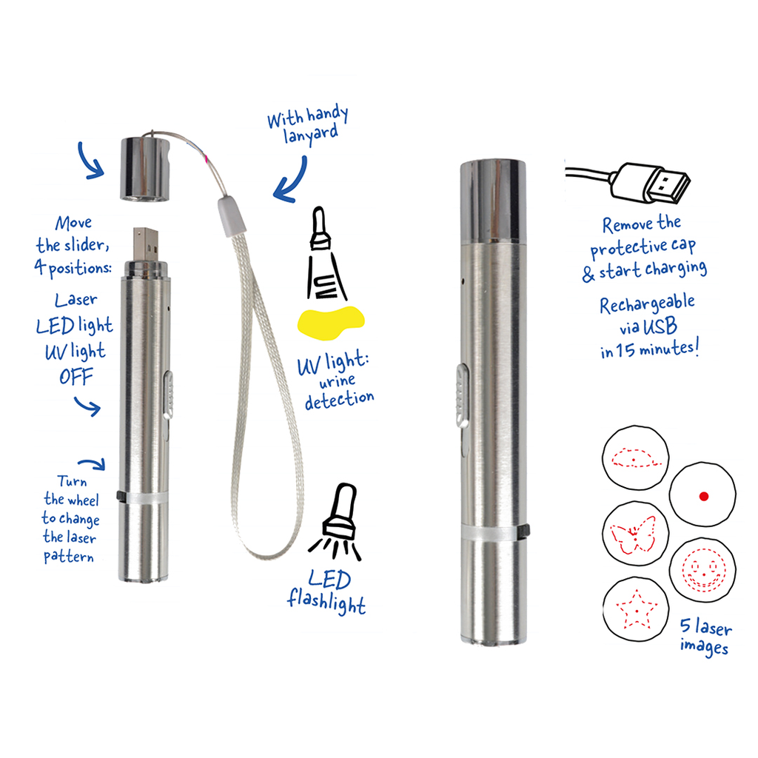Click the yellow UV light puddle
[331, 322]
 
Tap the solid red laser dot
[704, 496]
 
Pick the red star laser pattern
[637, 609]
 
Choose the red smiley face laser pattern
[703, 570]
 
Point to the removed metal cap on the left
[144, 170]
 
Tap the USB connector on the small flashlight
[146, 245]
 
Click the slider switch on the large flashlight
[462, 396]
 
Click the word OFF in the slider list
[76, 377]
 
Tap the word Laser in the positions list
[76, 300]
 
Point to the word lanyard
[310, 135]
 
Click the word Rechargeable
[647, 304]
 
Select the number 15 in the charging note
[625, 350]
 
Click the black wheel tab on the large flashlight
[526, 531]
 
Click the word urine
[337, 381]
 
